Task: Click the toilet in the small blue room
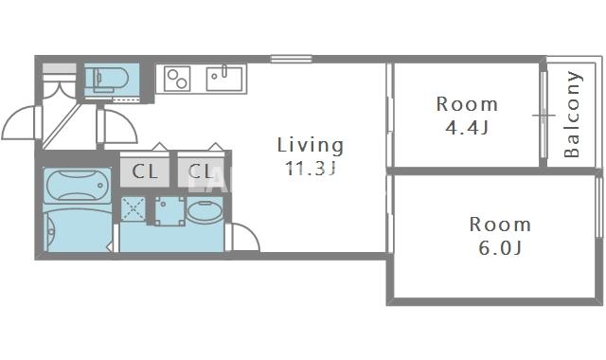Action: pyautogui.click(x=107, y=80)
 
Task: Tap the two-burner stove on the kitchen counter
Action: pyautogui.click(x=177, y=79)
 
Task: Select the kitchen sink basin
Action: pyautogui.click(x=224, y=79)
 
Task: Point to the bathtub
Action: pyautogui.click(x=78, y=186)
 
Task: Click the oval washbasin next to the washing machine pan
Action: pyautogui.click(x=205, y=210)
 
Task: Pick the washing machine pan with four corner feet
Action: pyautogui.click(x=169, y=210)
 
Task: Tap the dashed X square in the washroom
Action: pyautogui.click(x=134, y=208)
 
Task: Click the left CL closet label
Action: pyautogui.click(x=145, y=171)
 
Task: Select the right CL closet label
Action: pyautogui.click(x=201, y=171)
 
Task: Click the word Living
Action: pyautogui.click(x=311, y=145)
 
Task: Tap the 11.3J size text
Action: pyautogui.click(x=310, y=169)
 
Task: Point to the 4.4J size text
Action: pyautogui.click(x=467, y=127)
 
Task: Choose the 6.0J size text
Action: pyautogui.click(x=500, y=248)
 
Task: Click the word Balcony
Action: pyautogui.click(x=572, y=115)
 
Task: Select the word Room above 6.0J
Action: pyautogui.click(x=500, y=225)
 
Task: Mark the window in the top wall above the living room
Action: pyautogui.click(x=291, y=59)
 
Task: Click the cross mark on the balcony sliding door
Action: pyautogui.click(x=544, y=116)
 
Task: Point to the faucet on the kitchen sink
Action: pyautogui.click(x=223, y=72)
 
